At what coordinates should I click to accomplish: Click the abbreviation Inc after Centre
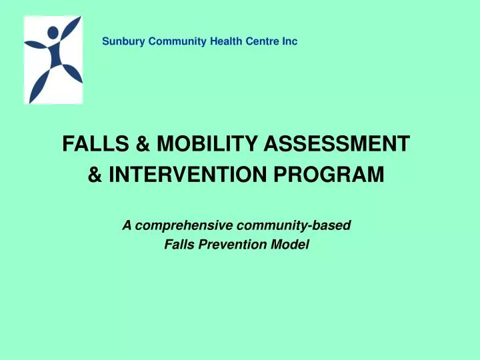coord(288,42)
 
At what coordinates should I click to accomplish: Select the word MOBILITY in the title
coord(192,143)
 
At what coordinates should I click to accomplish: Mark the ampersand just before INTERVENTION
coord(95,176)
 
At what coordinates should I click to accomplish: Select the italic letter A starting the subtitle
coord(127,226)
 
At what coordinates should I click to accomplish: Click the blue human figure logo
coord(53,60)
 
